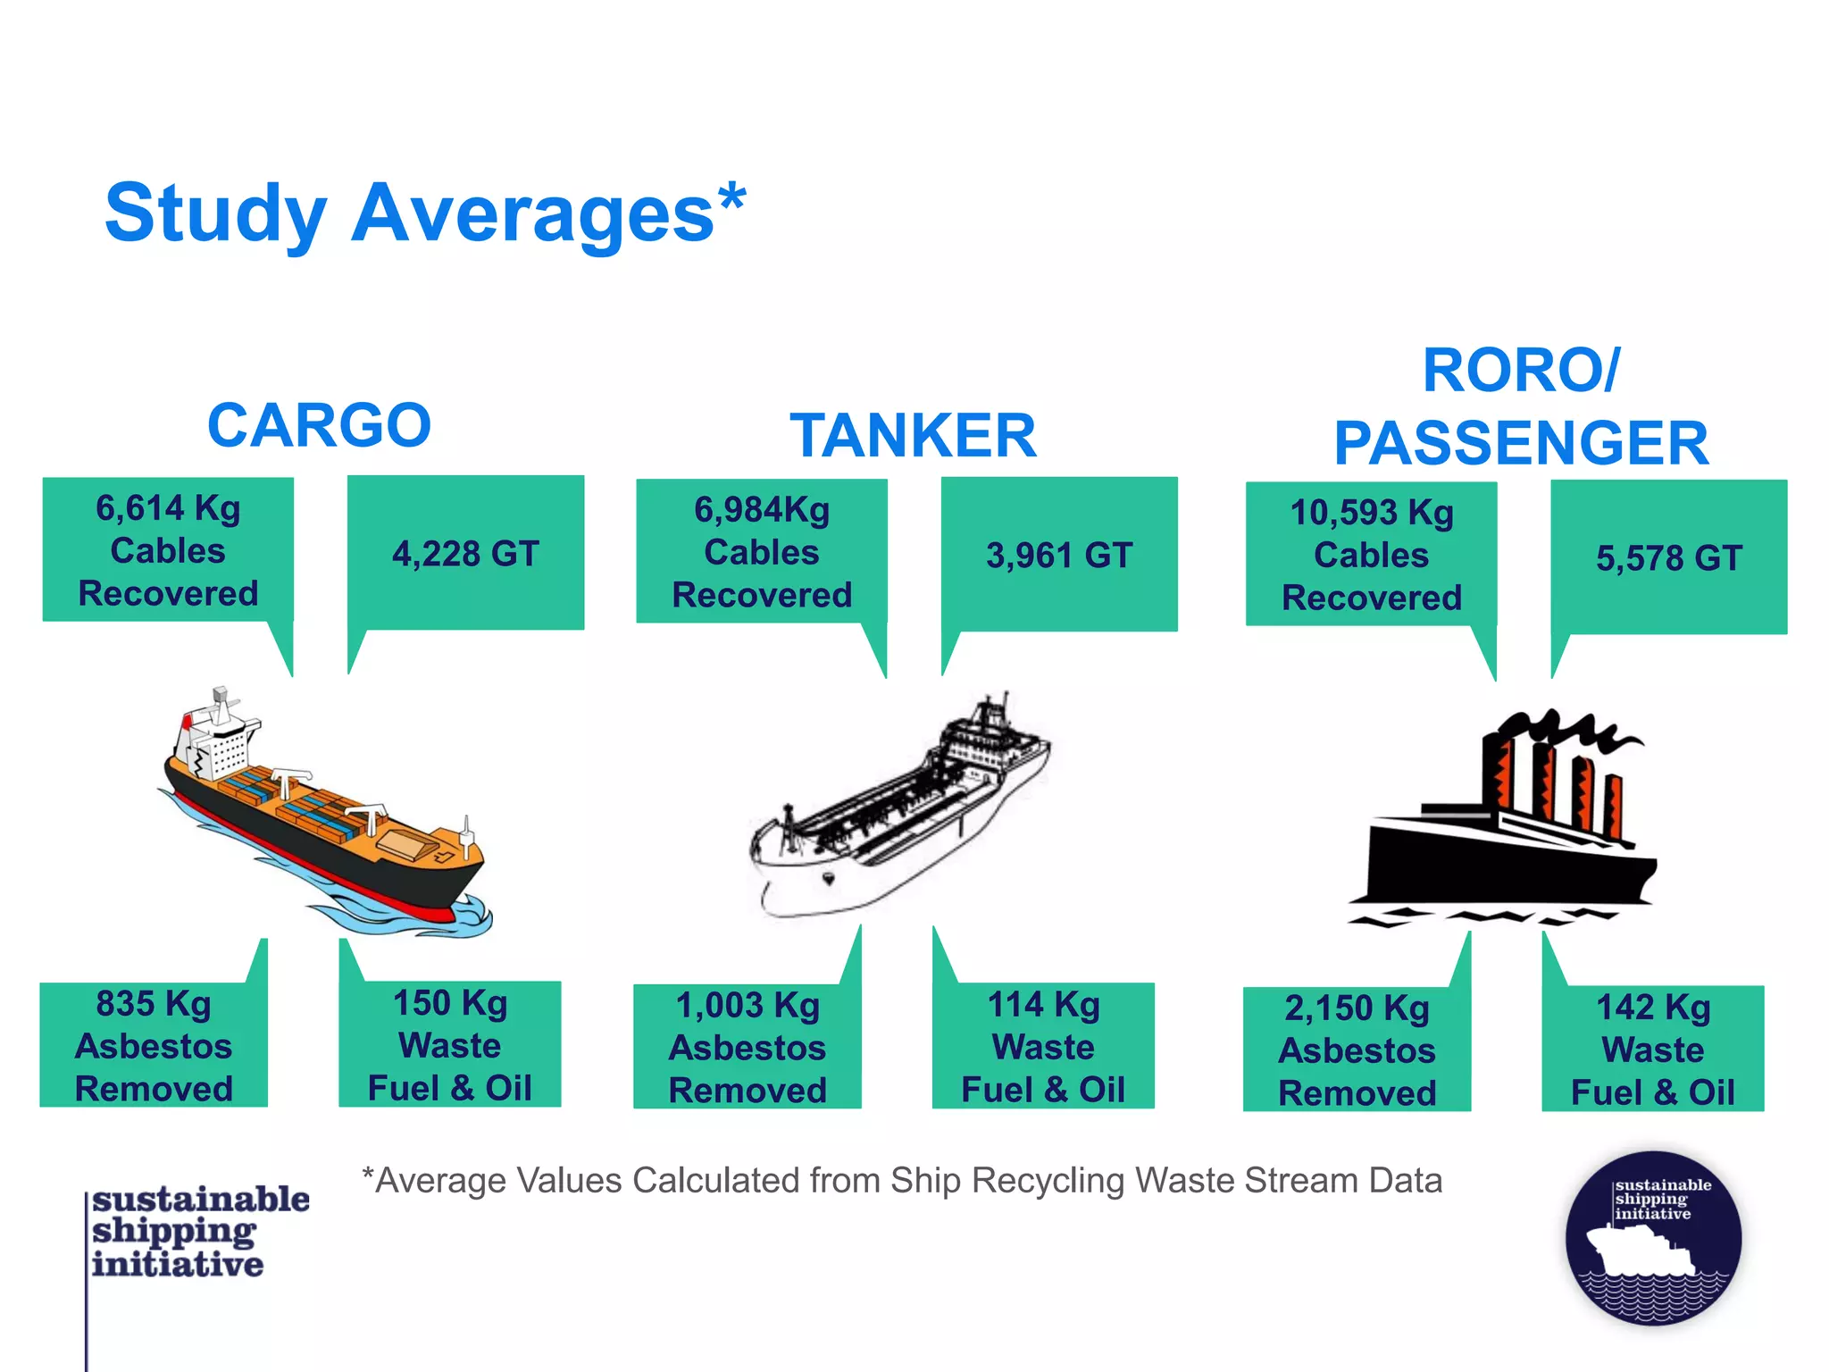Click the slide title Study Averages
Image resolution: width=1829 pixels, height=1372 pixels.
point(425,214)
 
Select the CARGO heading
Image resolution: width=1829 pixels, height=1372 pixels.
point(319,425)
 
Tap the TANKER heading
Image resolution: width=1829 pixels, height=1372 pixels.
point(913,436)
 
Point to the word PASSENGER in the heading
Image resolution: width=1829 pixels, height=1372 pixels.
point(1521,443)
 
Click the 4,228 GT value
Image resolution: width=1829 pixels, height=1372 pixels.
point(465,554)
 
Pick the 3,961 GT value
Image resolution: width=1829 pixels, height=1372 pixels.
point(1059,556)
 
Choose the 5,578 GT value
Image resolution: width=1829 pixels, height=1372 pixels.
point(1668,558)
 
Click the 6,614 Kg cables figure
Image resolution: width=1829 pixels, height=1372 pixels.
point(168,508)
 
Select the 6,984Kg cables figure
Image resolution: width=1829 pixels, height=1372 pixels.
point(762,510)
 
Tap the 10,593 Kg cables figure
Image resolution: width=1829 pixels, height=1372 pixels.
point(1372,513)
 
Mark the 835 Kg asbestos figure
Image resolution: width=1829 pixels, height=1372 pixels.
point(154,1003)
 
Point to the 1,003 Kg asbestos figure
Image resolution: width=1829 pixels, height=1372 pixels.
point(747,1005)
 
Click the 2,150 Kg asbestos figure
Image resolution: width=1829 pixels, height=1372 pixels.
point(1357,1008)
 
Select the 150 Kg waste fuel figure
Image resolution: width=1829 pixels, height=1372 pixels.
point(450,1002)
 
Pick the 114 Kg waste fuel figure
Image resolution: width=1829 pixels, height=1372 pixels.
point(1043,1004)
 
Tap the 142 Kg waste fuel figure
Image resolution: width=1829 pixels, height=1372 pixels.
point(1653,1007)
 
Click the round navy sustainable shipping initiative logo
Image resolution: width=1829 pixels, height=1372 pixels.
point(1653,1238)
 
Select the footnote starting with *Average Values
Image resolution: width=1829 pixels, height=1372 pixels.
point(902,1181)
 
